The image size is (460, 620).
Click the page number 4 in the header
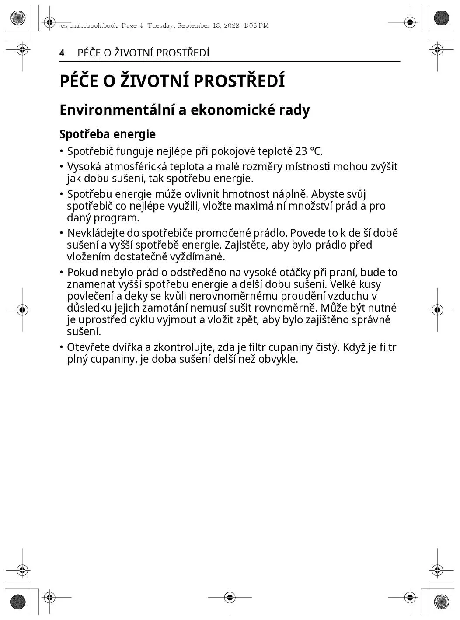62,53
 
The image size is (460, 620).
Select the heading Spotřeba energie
108,134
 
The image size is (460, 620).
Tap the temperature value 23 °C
308,151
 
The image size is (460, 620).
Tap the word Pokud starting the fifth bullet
80,273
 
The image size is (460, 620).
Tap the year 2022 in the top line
231,25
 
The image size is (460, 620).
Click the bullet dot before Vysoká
62,167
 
